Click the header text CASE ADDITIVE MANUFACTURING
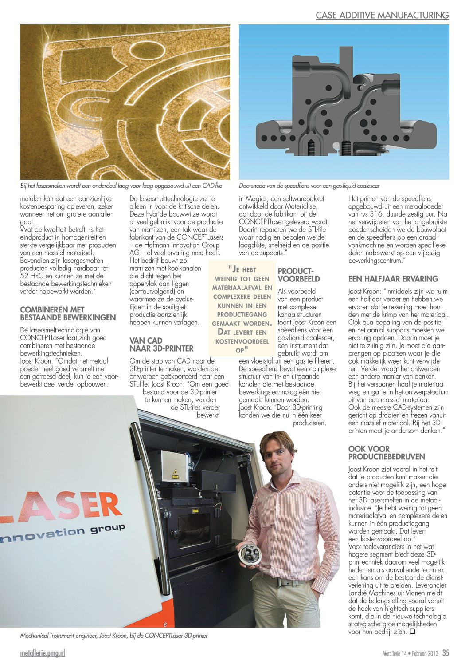pyautogui.click(x=382, y=16)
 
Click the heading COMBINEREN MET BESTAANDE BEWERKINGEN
pyautogui.click(x=68, y=313)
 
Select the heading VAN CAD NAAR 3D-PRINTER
pyautogui.click(x=161, y=344)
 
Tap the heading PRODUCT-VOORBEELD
pyautogui.click(x=298, y=275)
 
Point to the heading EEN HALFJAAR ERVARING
pyautogui.click(x=393, y=279)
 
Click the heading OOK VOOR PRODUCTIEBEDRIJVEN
pyautogui.click(x=387, y=453)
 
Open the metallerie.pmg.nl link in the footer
pyautogui.click(x=43, y=653)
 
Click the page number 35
pyautogui.click(x=446, y=653)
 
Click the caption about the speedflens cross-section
pyautogui.click(x=309, y=186)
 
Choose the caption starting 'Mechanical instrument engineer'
pyautogui.click(x=114, y=636)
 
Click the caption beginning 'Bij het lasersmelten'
pyautogui.click(x=121, y=186)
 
